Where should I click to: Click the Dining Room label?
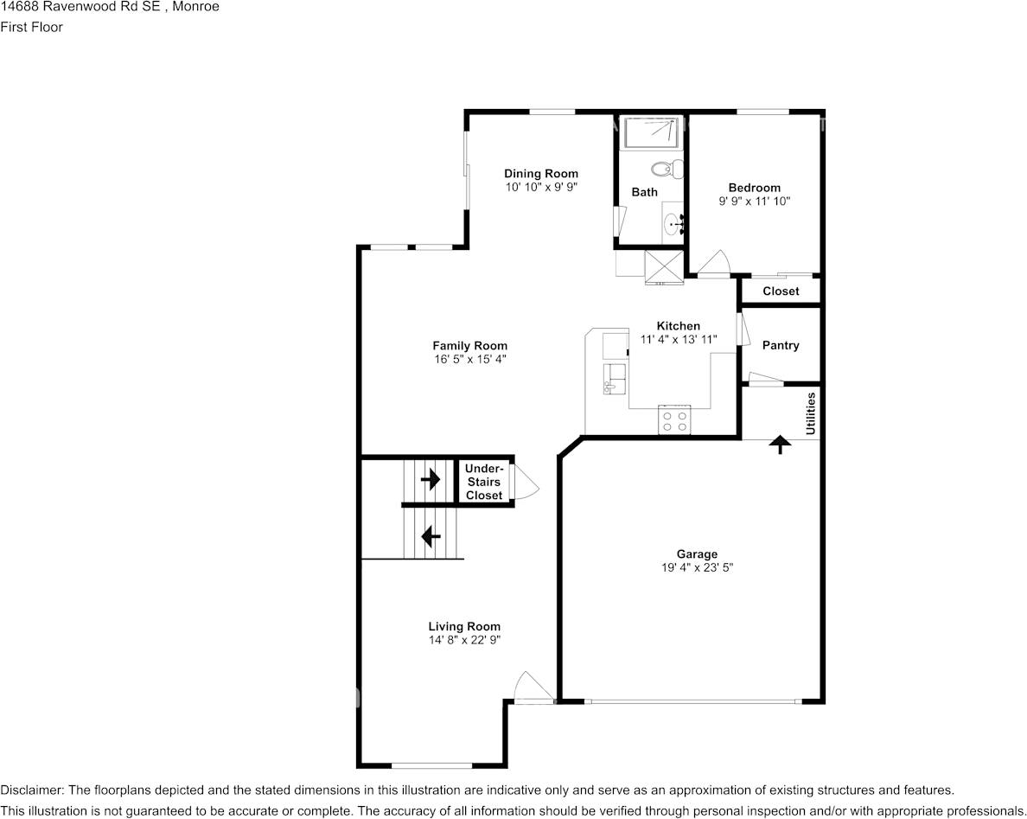[541, 174]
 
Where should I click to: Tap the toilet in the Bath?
[666, 168]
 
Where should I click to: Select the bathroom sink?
[673, 224]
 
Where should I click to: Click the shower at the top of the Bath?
[651, 133]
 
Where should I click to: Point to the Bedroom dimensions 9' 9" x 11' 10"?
[754, 201]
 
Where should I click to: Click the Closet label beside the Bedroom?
[781, 291]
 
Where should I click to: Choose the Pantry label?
[781, 345]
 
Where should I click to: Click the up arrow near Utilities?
[781, 445]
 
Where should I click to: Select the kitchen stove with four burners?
[674, 420]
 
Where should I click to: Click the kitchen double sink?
[615, 377]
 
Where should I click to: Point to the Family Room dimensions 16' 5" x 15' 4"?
[469, 359]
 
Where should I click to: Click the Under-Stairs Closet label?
[484, 482]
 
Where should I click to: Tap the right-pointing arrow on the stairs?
[430, 478]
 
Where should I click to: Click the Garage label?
[697, 554]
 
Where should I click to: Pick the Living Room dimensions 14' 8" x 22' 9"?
[464, 640]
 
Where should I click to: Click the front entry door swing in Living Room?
[527, 688]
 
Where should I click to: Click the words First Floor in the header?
[31, 27]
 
